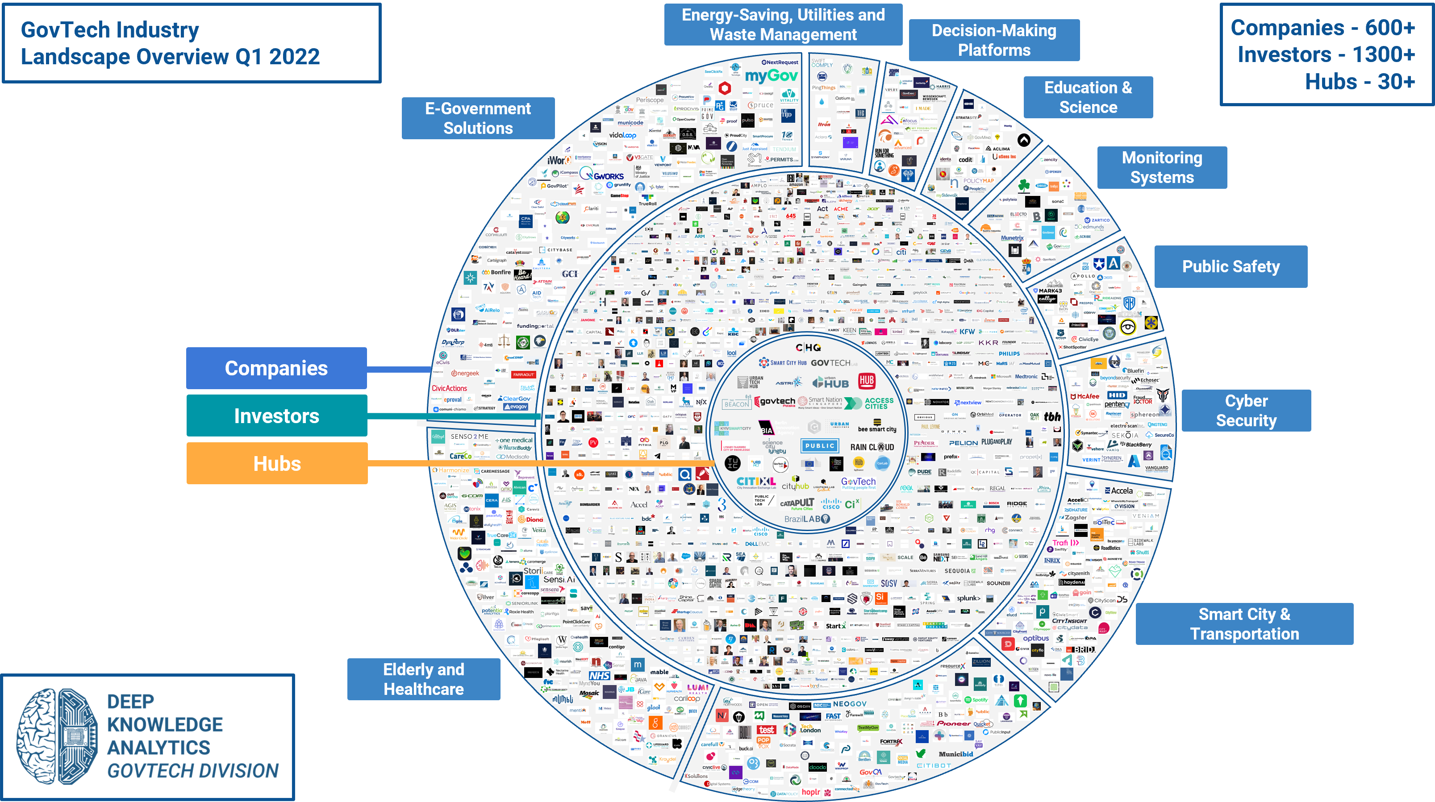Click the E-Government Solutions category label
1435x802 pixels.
coord(478,118)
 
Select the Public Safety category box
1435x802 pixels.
coord(1231,267)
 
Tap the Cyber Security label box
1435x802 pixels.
coord(1246,411)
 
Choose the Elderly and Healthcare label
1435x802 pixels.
coord(423,679)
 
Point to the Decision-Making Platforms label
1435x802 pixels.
coord(994,40)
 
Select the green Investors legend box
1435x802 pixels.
coord(276,416)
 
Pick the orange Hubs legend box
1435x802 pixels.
coord(277,463)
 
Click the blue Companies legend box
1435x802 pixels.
coord(276,368)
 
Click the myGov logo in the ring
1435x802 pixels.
coord(771,76)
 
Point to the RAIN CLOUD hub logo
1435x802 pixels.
coord(872,447)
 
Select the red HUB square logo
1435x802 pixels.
coord(866,381)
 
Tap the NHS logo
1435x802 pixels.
coord(599,676)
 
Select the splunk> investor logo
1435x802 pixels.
coord(969,598)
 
